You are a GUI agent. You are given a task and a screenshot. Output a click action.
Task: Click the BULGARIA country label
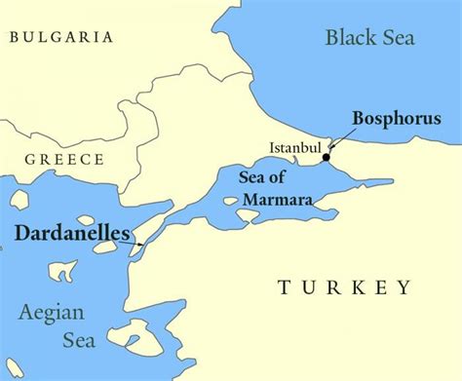[59, 37]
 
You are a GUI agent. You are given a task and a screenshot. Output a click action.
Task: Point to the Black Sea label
[369, 38]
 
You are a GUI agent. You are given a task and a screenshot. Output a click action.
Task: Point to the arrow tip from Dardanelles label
[143, 245]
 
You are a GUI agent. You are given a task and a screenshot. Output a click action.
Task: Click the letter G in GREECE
[30, 160]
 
